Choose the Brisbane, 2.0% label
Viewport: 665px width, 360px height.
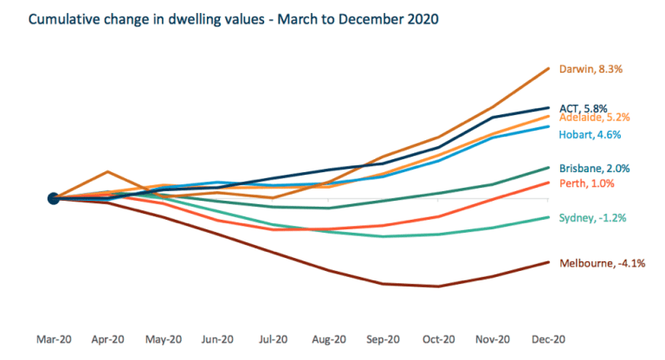point(594,168)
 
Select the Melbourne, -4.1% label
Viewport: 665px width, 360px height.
point(602,263)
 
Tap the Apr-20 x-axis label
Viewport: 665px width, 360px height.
point(108,339)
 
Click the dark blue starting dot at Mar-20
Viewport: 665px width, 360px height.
point(54,198)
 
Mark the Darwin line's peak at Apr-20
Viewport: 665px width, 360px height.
point(108,171)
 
